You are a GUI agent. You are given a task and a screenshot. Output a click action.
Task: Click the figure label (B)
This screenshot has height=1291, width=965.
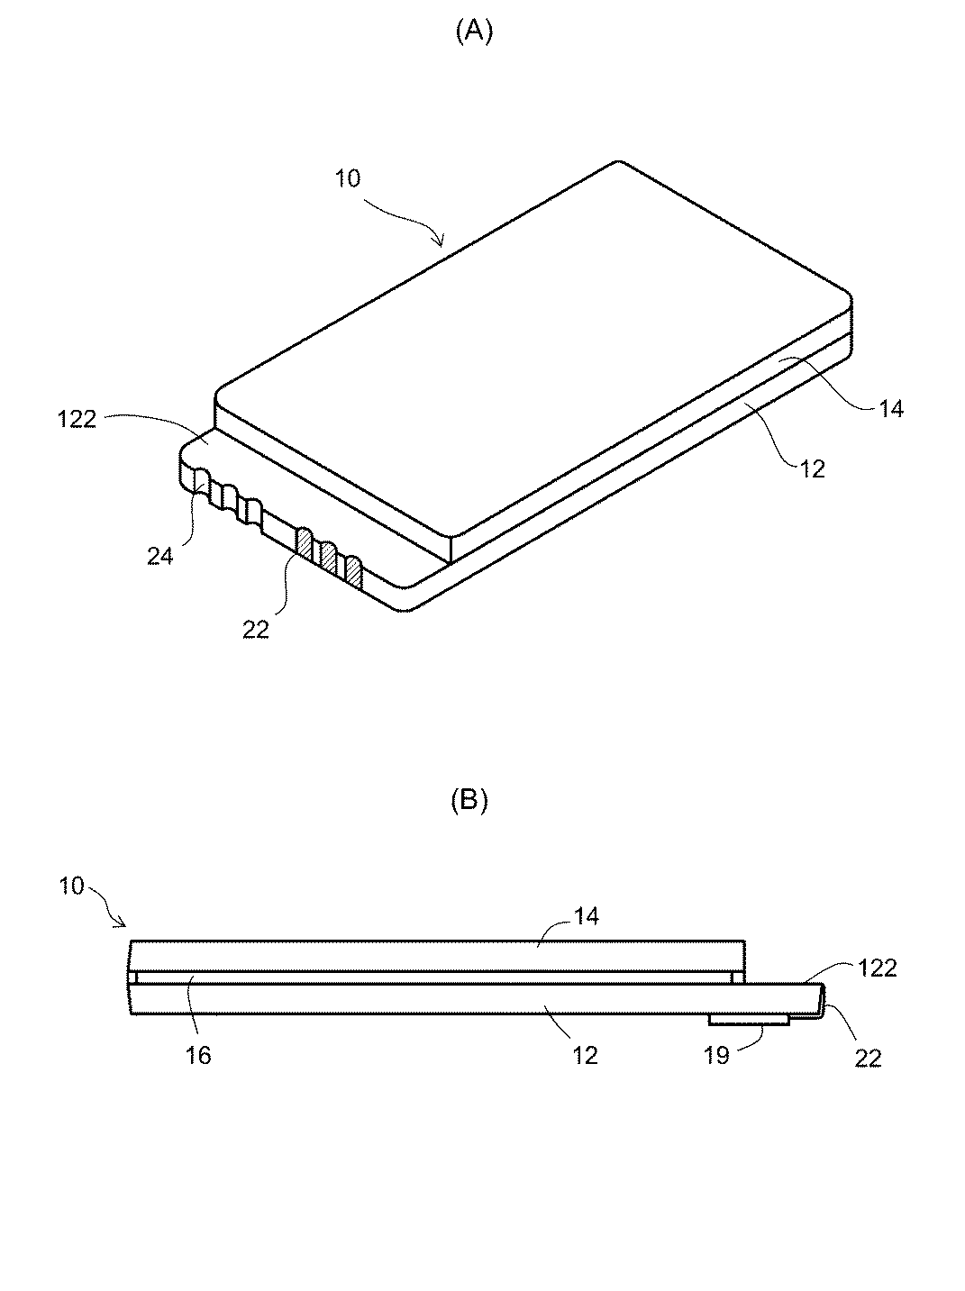pyautogui.click(x=469, y=801)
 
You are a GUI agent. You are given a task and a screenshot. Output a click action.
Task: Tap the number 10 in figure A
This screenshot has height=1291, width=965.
pyautogui.click(x=348, y=178)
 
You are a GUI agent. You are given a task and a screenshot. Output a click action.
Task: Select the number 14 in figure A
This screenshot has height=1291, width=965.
pyautogui.click(x=889, y=408)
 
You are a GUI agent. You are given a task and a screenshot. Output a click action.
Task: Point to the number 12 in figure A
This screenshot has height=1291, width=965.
pyautogui.click(x=812, y=468)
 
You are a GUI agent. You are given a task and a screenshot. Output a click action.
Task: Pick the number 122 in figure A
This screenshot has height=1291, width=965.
pyautogui.click(x=77, y=419)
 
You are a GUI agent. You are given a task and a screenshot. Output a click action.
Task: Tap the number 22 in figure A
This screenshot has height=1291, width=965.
pyautogui.click(x=256, y=630)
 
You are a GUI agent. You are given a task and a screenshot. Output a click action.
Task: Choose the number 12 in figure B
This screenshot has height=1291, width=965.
pyautogui.click(x=585, y=1055)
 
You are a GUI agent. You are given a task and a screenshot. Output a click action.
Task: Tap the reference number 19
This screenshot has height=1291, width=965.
pyautogui.click(x=716, y=1055)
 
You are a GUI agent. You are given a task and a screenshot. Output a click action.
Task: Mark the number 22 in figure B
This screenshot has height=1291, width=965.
pyautogui.click(x=868, y=1059)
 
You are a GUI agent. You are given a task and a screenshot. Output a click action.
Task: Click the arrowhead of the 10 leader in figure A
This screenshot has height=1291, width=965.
pyautogui.click(x=442, y=243)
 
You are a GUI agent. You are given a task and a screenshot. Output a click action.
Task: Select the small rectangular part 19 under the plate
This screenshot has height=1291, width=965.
pyautogui.click(x=749, y=1018)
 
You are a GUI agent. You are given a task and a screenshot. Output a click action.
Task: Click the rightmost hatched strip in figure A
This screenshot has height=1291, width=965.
pyautogui.click(x=353, y=570)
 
